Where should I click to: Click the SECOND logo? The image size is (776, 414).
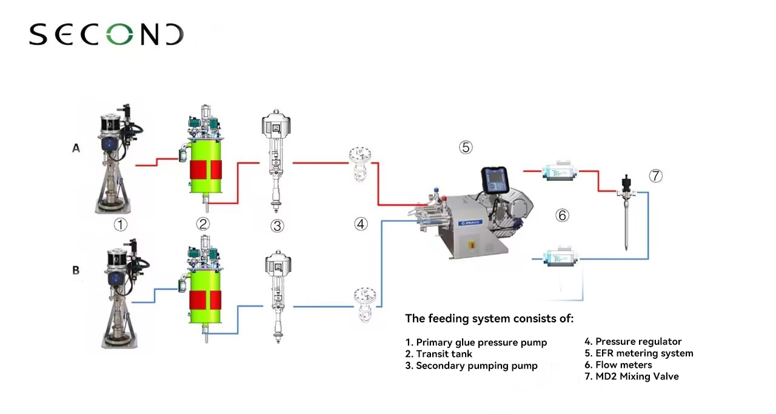[x=106, y=35]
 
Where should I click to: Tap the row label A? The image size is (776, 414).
[x=76, y=148]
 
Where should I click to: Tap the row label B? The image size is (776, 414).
[x=76, y=270]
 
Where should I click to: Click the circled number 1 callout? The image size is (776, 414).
[x=121, y=225]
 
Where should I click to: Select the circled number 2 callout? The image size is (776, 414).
[x=203, y=224]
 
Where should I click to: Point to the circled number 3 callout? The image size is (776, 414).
[x=277, y=226]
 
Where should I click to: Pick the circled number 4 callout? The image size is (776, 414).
[x=361, y=224]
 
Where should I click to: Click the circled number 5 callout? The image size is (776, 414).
[x=465, y=147]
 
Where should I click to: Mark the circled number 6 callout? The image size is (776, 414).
[x=563, y=215]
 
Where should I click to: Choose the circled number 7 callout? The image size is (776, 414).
[x=655, y=176]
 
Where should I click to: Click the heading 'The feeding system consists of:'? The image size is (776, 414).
[x=489, y=318]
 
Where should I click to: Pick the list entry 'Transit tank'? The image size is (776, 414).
[x=438, y=354]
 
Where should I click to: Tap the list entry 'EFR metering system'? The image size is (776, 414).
[x=638, y=353]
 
